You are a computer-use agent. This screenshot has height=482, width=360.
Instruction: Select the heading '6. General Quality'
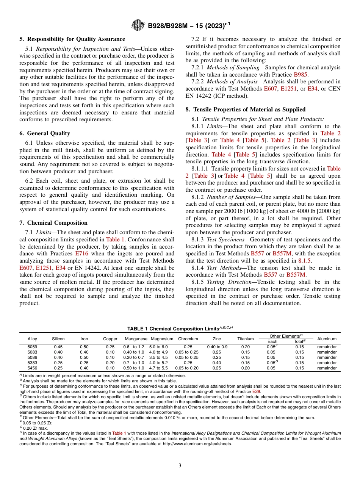coord(45,133)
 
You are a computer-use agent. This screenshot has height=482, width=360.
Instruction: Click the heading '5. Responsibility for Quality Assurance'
coord(72,39)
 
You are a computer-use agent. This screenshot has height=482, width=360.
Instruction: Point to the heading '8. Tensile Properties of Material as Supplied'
coord(245,110)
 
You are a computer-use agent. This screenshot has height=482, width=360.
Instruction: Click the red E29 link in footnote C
coord(256,391)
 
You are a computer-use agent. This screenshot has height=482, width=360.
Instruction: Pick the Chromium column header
coord(188,339)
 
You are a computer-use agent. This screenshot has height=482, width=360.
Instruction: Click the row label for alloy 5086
coord(32,357)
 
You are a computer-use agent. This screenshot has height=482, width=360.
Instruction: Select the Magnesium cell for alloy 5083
coord(161,352)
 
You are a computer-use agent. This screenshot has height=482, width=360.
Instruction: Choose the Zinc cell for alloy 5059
coord(217,347)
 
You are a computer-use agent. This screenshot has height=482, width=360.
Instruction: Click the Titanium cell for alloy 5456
coord(246,368)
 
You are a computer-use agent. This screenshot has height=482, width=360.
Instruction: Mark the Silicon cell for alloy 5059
coord(58,347)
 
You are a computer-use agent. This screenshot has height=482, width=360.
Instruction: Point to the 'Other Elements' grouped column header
coord(286,336)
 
